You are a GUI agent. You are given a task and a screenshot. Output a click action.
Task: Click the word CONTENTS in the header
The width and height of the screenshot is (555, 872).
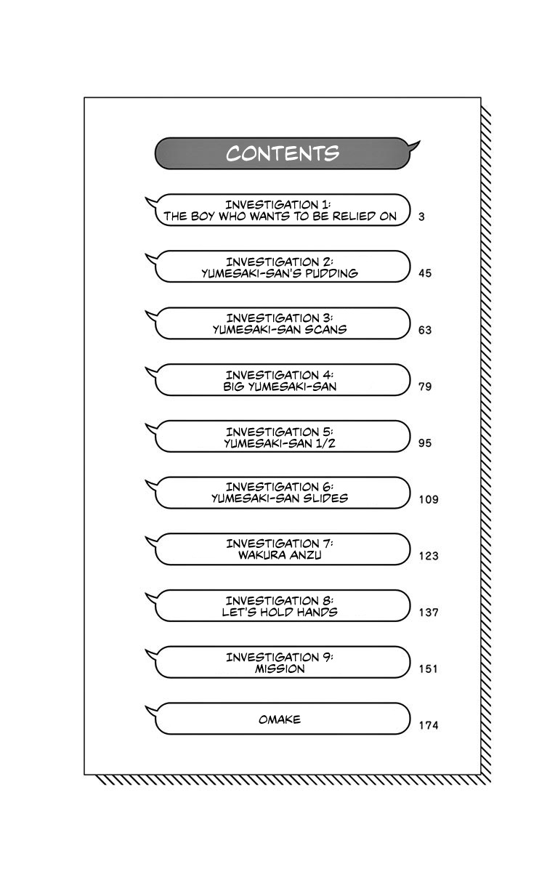pyautogui.click(x=283, y=153)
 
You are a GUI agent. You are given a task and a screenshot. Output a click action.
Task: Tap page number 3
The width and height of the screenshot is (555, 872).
pyautogui.click(x=421, y=217)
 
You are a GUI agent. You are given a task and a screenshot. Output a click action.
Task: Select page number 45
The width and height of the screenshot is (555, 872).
pyautogui.click(x=425, y=273)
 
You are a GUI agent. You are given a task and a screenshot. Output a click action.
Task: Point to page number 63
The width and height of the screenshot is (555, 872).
pyautogui.click(x=425, y=330)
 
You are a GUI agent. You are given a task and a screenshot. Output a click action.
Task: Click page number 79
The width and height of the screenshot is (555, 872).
pyautogui.click(x=425, y=387)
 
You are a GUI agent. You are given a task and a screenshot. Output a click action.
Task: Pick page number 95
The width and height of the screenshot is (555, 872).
pyautogui.click(x=425, y=443)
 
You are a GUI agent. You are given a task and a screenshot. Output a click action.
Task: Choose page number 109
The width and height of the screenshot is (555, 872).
pyautogui.click(x=429, y=499)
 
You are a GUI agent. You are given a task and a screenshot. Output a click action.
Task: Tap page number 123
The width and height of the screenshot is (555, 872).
pyautogui.click(x=429, y=556)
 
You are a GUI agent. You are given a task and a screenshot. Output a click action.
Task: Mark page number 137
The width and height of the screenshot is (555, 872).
pyautogui.click(x=429, y=613)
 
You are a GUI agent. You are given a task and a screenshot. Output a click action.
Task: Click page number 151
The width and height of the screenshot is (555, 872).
pyautogui.click(x=429, y=669)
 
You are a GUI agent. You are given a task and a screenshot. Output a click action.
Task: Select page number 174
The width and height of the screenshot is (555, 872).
pyautogui.click(x=429, y=725)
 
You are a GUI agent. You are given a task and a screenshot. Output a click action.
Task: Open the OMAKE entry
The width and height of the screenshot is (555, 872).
pyautogui.click(x=279, y=719)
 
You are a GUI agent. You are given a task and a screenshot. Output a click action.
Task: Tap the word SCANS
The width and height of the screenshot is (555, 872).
pyautogui.click(x=326, y=329)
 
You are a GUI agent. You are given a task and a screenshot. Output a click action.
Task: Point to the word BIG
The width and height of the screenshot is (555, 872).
pyautogui.click(x=235, y=386)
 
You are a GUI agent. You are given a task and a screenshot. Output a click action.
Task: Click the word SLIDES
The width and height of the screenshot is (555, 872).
pyautogui.click(x=323, y=498)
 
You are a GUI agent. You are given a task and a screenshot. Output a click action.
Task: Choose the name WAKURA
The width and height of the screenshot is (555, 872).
pyautogui.click(x=255, y=555)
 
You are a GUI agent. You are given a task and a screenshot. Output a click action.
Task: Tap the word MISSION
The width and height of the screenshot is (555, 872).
pyautogui.click(x=280, y=669)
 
